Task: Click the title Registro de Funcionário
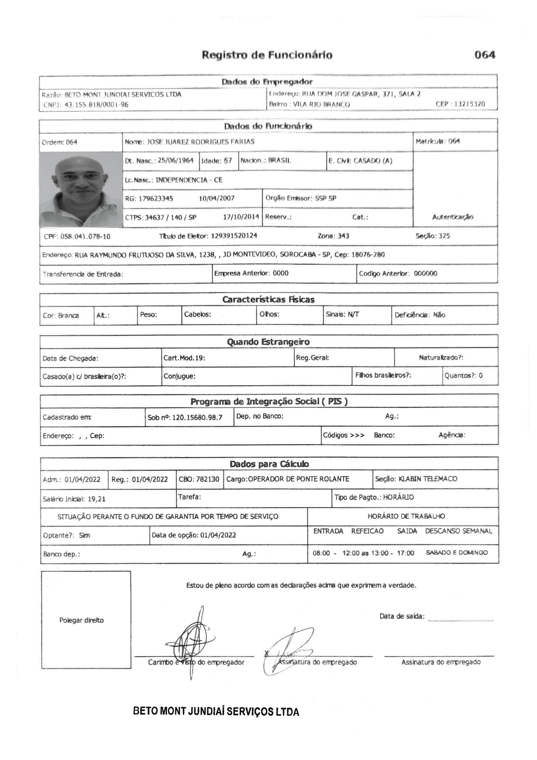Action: tap(267, 55)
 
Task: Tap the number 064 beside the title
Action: tap(485, 55)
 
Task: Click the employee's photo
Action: tap(81, 189)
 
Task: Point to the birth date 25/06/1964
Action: tap(176, 161)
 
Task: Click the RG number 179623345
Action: tap(156, 199)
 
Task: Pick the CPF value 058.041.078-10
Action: tap(86, 236)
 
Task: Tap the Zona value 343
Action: tap(343, 236)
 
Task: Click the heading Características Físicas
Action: tap(268, 300)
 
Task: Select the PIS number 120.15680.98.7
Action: tap(197, 417)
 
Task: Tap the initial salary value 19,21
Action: tap(96, 499)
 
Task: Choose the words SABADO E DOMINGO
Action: tap(457, 553)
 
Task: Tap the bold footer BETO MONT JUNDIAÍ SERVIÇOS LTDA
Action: tap(216, 711)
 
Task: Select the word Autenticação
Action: tap(453, 217)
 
